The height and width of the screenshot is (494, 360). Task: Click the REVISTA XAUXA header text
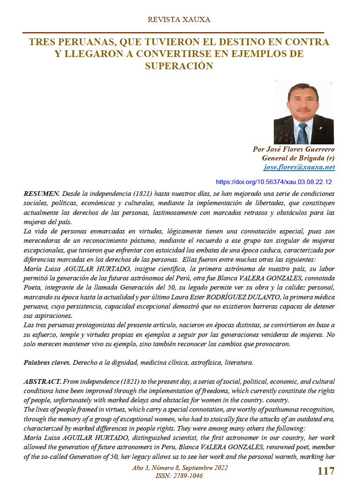[179, 19]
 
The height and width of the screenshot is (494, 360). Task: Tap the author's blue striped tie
[302, 132]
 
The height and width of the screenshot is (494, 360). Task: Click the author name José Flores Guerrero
[293, 149]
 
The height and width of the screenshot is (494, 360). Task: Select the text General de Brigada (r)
[298, 158]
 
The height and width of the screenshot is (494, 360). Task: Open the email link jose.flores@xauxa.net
[299, 167]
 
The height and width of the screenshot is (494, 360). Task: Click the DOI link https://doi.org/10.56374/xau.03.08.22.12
[274, 182]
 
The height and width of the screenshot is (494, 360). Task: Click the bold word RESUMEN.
[42, 193]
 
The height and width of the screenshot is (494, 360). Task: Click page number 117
[326, 471]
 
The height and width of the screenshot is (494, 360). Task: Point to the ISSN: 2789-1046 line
[179, 476]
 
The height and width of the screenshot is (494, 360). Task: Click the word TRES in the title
[42, 42]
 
